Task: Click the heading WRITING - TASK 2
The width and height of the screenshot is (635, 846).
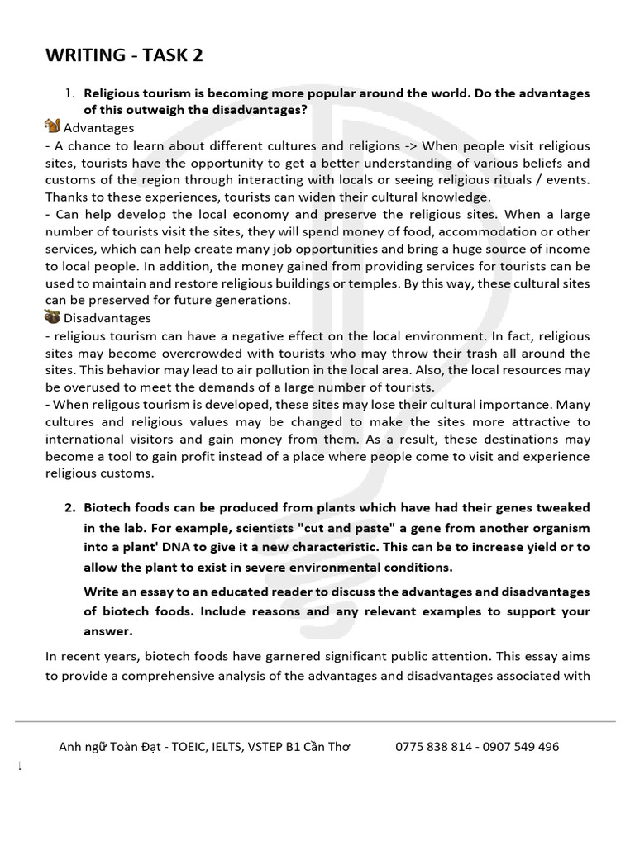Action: [x=123, y=55]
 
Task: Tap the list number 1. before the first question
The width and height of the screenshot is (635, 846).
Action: [x=70, y=93]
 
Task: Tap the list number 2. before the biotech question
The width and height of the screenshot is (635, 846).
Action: [x=70, y=506]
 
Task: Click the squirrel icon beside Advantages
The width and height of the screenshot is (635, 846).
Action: [x=52, y=127]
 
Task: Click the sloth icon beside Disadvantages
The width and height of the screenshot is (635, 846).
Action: [x=52, y=318]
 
